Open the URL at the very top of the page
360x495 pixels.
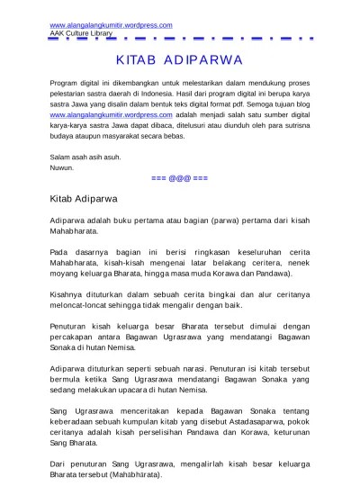coord(98,24)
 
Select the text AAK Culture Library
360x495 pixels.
coord(81,32)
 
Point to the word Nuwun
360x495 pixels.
coord(62,168)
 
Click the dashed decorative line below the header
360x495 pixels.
coord(180,41)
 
